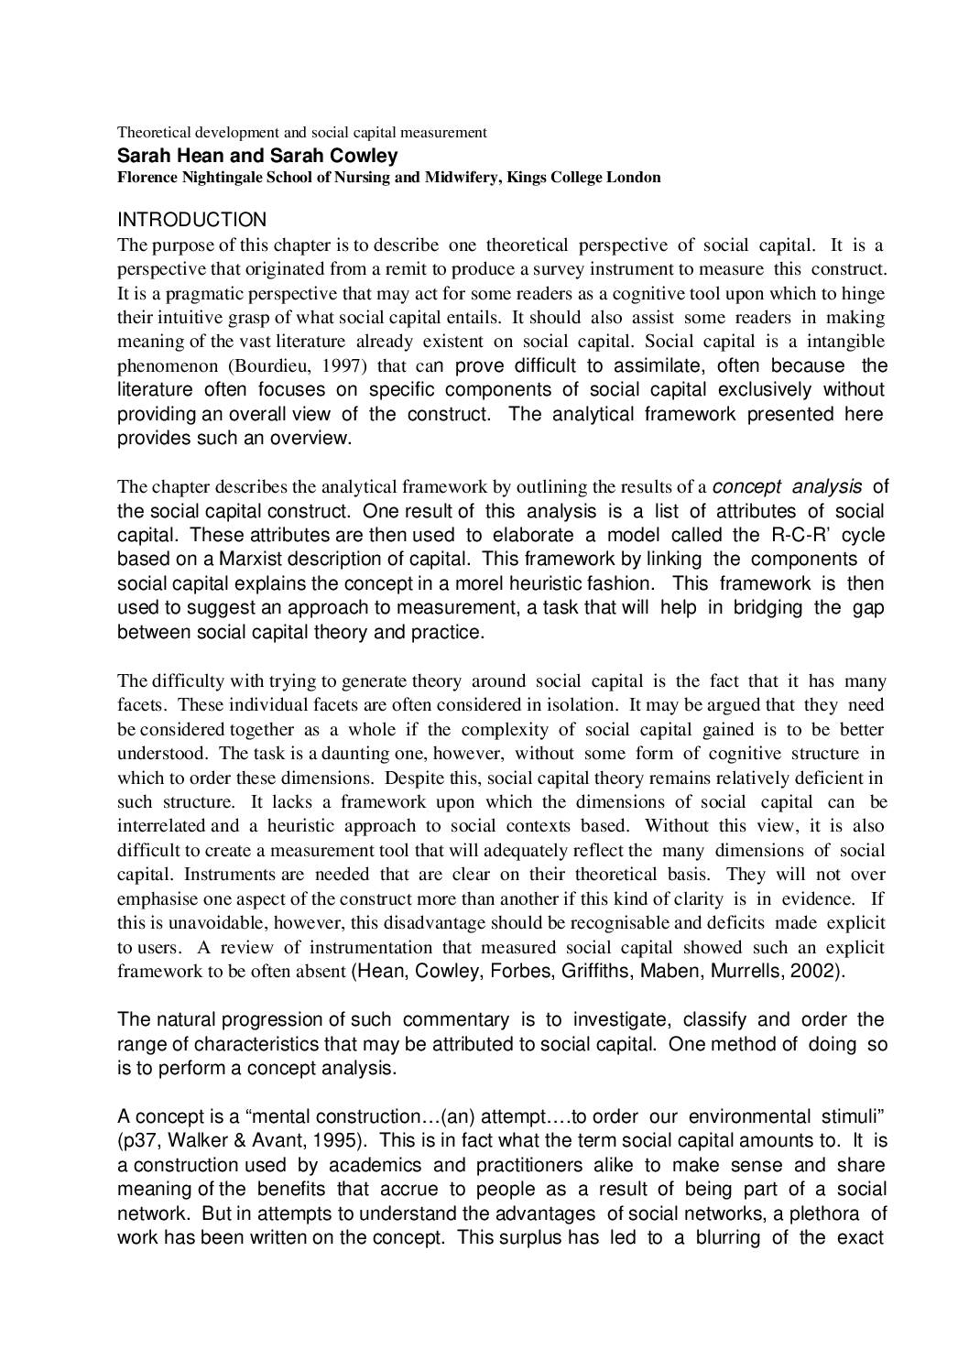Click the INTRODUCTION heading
[192, 220]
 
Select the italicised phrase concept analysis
[787, 486]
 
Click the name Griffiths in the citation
[595, 972]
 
